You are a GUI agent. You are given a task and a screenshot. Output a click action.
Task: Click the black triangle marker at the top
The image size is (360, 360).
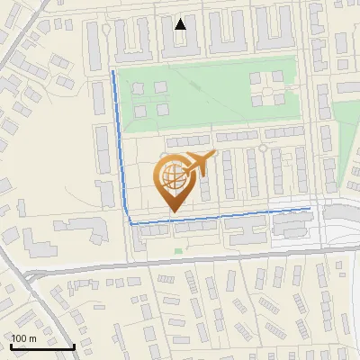click(x=181, y=23)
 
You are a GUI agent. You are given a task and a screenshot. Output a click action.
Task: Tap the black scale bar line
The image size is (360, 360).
click(x=42, y=346)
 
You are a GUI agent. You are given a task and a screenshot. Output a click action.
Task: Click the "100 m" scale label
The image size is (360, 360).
click(x=23, y=337)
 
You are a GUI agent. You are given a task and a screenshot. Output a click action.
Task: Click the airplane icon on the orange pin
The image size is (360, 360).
click(x=199, y=163)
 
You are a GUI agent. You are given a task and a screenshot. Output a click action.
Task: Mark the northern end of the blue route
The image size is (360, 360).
click(x=112, y=70)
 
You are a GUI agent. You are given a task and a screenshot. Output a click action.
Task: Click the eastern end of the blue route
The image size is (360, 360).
click(x=310, y=208)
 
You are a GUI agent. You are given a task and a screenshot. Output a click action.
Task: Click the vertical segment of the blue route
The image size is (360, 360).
click(x=121, y=144)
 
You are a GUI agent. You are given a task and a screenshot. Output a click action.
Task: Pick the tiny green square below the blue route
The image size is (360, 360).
click(x=178, y=250)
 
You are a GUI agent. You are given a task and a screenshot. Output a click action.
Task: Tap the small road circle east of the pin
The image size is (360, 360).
click(x=262, y=147)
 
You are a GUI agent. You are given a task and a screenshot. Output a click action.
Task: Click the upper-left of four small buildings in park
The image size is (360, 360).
click(x=139, y=88)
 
